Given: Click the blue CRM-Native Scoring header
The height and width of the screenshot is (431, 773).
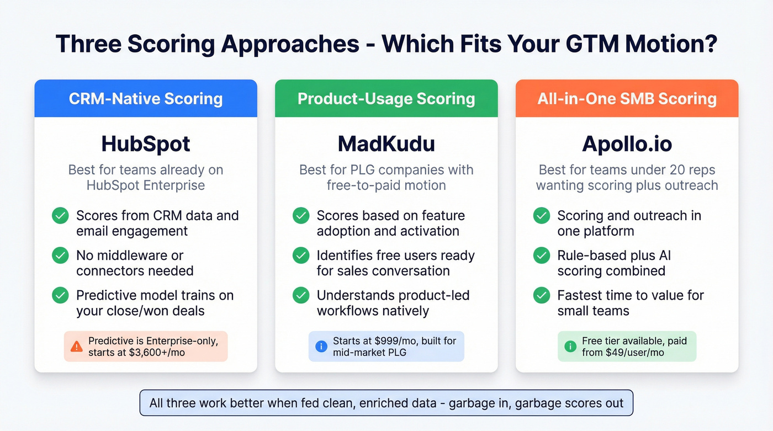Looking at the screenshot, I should tap(146, 99).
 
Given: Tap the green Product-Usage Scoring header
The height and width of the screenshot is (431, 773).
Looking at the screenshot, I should tap(386, 99).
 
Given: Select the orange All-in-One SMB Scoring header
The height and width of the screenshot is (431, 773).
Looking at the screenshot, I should tap(627, 99).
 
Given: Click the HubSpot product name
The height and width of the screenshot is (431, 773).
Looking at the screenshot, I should tap(146, 144).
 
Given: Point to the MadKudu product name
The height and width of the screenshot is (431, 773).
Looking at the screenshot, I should tap(386, 144).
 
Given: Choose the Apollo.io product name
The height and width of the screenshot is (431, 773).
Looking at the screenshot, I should tap(627, 144).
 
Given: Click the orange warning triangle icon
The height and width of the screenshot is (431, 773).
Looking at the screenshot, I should tap(77, 347).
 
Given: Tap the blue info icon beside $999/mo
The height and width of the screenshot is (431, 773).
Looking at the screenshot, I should tap(321, 347).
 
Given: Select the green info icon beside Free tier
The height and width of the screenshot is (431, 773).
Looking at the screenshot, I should tap(570, 347).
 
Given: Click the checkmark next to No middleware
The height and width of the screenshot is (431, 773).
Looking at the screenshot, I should tap(60, 256).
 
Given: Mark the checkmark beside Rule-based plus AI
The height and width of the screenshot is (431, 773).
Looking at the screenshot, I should tap(542, 256).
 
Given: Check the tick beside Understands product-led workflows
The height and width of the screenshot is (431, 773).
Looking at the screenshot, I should tap(301, 295).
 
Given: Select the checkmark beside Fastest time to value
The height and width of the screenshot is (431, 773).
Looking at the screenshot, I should tap(542, 295).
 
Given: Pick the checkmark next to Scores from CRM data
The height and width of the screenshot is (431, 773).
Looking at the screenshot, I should tap(60, 216).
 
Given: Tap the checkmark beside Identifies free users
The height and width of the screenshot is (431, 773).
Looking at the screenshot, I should tap(301, 256).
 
